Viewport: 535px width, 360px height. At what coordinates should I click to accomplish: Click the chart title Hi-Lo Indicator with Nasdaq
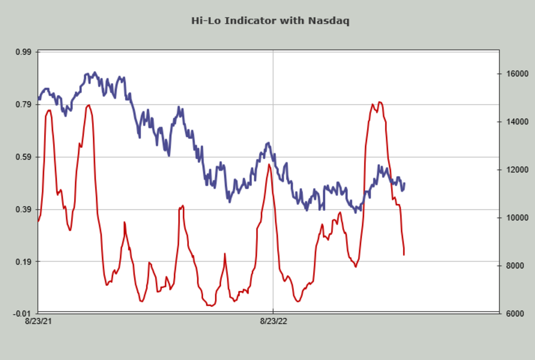pos(270,21)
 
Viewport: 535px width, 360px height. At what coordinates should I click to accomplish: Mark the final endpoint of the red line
pos(404,255)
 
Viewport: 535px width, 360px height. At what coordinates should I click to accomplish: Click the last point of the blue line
pos(404,183)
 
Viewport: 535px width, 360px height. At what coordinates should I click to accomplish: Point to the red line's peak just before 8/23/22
pos(269,165)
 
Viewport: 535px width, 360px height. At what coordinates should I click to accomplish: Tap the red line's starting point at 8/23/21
pos(38,221)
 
